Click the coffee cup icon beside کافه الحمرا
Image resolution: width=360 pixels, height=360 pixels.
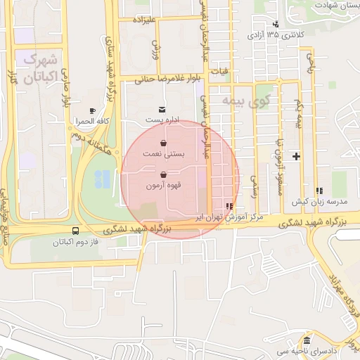[92, 111]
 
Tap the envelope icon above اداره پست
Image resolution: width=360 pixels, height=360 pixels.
[163, 110]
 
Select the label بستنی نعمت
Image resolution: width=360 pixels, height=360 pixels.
[163, 153]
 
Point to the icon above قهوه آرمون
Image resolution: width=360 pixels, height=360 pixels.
[164, 174]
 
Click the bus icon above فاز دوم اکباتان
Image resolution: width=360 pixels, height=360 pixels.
[75, 231]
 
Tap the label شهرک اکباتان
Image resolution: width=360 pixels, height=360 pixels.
[39, 68]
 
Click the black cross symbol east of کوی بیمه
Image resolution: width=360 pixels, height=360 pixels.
[296, 156]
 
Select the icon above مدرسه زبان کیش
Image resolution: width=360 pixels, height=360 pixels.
[319, 190]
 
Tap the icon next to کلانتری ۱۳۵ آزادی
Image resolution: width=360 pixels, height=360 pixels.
[275, 24]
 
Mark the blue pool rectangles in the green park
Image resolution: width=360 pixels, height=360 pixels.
[102, 179]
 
